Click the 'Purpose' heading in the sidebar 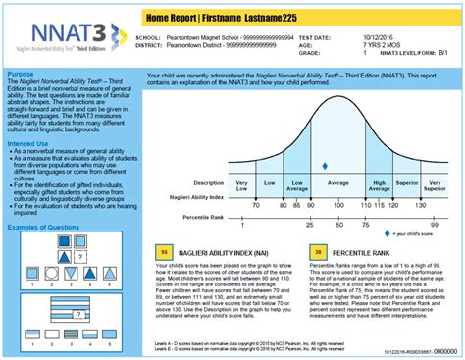pos(22,73)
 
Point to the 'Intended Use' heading pos(28,143)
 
